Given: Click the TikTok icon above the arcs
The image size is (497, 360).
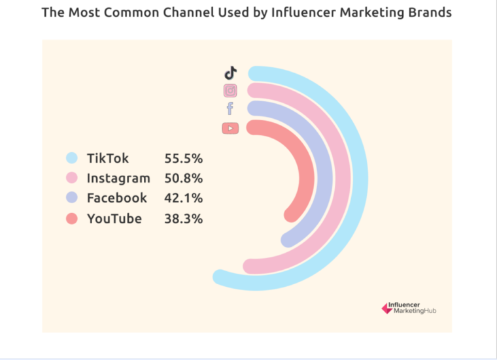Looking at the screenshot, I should pos(230,73).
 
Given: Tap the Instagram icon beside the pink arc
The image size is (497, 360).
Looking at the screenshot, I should pos(230,91).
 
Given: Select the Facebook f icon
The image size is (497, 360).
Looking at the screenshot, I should pos(230,109).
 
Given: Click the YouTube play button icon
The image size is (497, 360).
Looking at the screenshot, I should pos(230,128).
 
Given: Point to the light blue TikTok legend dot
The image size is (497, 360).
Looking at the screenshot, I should pos(72,158).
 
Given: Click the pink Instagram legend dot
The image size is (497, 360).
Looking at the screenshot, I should pos(72,178).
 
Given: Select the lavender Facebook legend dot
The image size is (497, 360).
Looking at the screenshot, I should pos(72,198).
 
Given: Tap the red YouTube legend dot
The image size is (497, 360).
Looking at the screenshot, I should pos(72,218).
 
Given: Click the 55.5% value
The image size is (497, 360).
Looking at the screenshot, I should pos(183,158).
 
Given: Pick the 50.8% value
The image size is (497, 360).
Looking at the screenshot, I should pos(183,178).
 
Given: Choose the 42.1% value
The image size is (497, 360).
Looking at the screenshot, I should pos(183,198).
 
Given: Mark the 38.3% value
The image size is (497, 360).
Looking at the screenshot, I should pos(183,218).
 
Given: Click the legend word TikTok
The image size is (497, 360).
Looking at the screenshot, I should pos(108,158).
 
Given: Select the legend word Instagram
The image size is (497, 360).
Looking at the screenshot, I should pos(118,178).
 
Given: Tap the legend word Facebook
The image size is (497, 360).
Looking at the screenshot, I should pos(117,198).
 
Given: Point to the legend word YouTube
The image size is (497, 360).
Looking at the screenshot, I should pos(114,218).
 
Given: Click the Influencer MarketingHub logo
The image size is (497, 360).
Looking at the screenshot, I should pos(409,308).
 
